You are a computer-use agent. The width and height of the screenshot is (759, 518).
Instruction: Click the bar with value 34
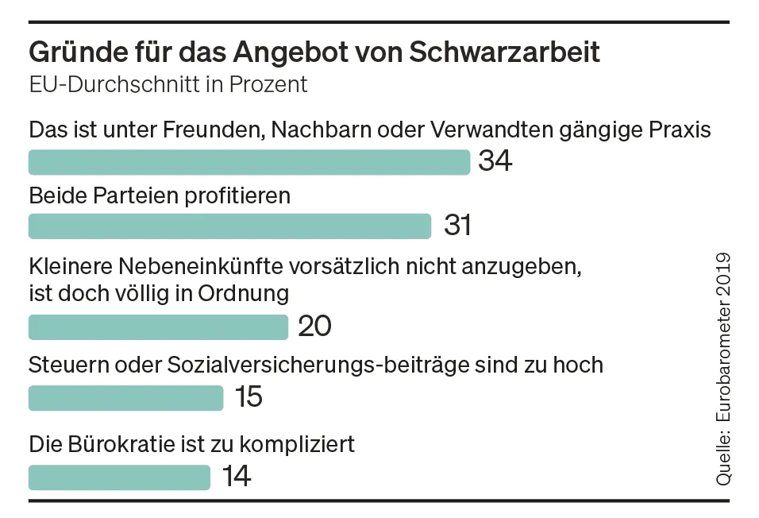pyautogui.click(x=249, y=163)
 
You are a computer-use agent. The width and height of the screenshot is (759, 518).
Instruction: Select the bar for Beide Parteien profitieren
pyautogui.click(x=229, y=226)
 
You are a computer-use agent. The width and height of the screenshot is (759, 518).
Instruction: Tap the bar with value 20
pyautogui.click(x=158, y=327)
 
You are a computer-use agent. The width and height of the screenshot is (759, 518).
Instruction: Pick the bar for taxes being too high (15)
pyautogui.click(x=125, y=398)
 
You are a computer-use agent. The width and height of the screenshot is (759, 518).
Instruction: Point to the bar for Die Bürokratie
pyautogui.click(x=119, y=477)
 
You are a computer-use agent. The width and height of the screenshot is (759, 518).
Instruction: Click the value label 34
pyautogui.click(x=495, y=162)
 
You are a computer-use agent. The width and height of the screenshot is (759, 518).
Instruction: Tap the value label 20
pyautogui.click(x=314, y=327)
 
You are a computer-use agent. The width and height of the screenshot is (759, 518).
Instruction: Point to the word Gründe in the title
pyautogui.click(x=71, y=53)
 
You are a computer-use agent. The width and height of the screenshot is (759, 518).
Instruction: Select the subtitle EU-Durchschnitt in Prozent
pyautogui.click(x=168, y=85)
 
